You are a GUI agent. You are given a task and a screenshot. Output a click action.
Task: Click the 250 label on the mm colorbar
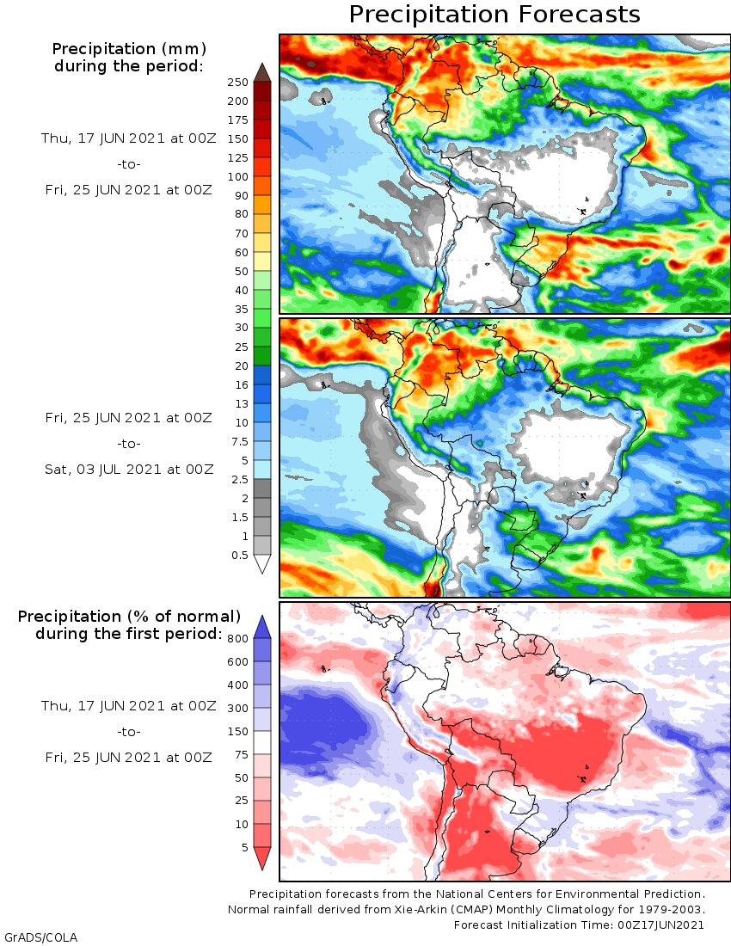click(x=238, y=83)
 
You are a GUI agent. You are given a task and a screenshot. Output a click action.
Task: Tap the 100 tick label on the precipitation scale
click(x=238, y=176)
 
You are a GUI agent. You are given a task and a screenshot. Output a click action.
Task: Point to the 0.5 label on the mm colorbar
click(x=238, y=555)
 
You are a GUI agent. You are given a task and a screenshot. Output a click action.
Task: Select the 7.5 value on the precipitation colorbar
click(x=238, y=441)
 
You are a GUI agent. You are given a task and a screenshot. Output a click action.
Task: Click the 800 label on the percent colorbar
click(x=238, y=638)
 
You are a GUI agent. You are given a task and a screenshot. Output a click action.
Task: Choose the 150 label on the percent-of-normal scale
click(x=238, y=731)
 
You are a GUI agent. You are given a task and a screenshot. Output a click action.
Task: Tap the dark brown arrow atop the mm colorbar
click(x=262, y=72)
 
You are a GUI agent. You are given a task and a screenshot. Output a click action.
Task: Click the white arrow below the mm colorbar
click(x=262, y=564)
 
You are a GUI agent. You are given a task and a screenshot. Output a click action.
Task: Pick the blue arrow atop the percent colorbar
click(x=262, y=627)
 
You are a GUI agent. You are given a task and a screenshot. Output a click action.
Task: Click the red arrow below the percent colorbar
click(x=262, y=858)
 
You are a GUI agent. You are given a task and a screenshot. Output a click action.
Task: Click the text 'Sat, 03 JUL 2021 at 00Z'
click(x=129, y=469)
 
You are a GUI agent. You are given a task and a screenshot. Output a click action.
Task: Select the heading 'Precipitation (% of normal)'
click(x=129, y=617)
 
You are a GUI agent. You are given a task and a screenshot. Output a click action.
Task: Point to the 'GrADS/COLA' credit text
click(x=34, y=937)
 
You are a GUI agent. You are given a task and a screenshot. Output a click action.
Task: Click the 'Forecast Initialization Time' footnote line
click(x=580, y=924)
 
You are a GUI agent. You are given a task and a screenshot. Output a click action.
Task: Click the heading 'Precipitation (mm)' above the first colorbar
click(x=129, y=48)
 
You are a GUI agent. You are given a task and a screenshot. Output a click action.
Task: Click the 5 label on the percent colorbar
click(x=244, y=847)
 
